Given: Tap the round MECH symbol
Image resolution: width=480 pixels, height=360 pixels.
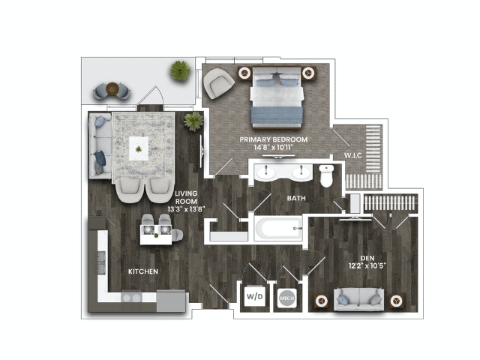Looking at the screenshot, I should coord(286,297).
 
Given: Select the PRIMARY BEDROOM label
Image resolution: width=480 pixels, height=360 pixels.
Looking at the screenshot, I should coord(271,140).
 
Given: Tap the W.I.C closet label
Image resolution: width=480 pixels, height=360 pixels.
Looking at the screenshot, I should coord(354,156).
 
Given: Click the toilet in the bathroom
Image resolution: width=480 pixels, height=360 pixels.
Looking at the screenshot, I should coord(325,176).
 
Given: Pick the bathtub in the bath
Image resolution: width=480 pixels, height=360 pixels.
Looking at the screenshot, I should coord(277,228).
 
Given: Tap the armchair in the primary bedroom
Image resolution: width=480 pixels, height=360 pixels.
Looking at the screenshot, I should coord(219,83).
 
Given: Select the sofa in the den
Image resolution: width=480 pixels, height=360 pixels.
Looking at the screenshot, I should coord(358,298).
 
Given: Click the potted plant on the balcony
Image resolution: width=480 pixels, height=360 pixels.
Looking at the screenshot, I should coord(180,71).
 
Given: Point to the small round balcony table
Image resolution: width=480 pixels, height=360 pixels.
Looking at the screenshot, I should coord(112,88).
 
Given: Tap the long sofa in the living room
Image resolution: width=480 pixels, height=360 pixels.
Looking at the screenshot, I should coord(98,145).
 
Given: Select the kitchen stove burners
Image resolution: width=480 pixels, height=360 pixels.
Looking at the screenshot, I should coord(131,298).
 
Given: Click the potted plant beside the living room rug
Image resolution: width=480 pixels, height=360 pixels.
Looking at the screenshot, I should coord(193,121).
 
